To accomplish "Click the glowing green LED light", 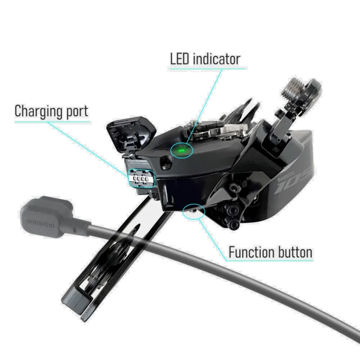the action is point(181,150).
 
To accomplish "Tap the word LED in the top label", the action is point(180,59).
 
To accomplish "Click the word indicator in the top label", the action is point(217,59).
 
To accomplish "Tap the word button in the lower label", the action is point(294,252).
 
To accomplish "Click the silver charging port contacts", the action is point(141,179).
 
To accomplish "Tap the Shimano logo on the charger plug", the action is point(40,224).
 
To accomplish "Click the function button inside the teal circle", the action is point(193,210).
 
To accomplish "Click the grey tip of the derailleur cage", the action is point(75,301).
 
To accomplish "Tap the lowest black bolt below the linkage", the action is point(234,225).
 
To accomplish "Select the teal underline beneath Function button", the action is point(270,261).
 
